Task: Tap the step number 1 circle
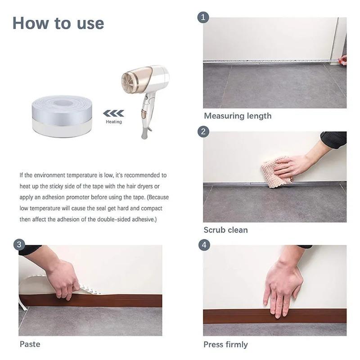[204, 18]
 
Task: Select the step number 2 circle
[204, 131]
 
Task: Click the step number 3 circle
[19, 245]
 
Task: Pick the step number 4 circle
[204, 245]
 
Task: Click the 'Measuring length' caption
[238, 116]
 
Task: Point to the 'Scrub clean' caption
[225, 230]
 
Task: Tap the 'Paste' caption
[30, 344]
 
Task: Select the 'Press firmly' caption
[225, 345]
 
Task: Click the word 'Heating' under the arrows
[113, 122]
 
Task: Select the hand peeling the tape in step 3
[63, 277]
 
